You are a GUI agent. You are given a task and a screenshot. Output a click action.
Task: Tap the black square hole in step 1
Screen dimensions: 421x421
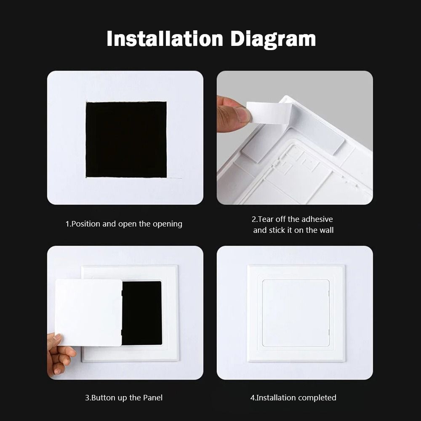pyautogui.click(x=126, y=139)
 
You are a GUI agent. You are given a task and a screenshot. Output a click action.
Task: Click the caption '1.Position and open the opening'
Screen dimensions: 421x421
pyautogui.click(x=124, y=224)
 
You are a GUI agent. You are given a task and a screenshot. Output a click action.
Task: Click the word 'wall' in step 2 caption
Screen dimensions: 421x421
pyautogui.click(x=326, y=230)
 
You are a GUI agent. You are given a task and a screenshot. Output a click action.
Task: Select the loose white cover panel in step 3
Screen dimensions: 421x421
pyautogui.click(x=88, y=312)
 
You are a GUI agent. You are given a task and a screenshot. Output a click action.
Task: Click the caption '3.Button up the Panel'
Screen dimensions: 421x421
pyautogui.click(x=124, y=397)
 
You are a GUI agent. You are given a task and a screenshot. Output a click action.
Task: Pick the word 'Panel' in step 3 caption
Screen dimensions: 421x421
pyautogui.click(x=152, y=397)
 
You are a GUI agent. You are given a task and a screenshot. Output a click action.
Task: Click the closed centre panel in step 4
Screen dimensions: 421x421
pyautogui.click(x=296, y=312)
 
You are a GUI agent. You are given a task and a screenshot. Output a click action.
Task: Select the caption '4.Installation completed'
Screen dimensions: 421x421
pyautogui.click(x=293, y=397)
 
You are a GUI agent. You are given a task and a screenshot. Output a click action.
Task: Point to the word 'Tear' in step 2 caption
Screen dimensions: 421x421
pyautogui.click(x=266, y=219)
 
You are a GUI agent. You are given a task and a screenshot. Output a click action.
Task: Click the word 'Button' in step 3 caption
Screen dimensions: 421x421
pyautogui.click(x=104, y=397)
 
